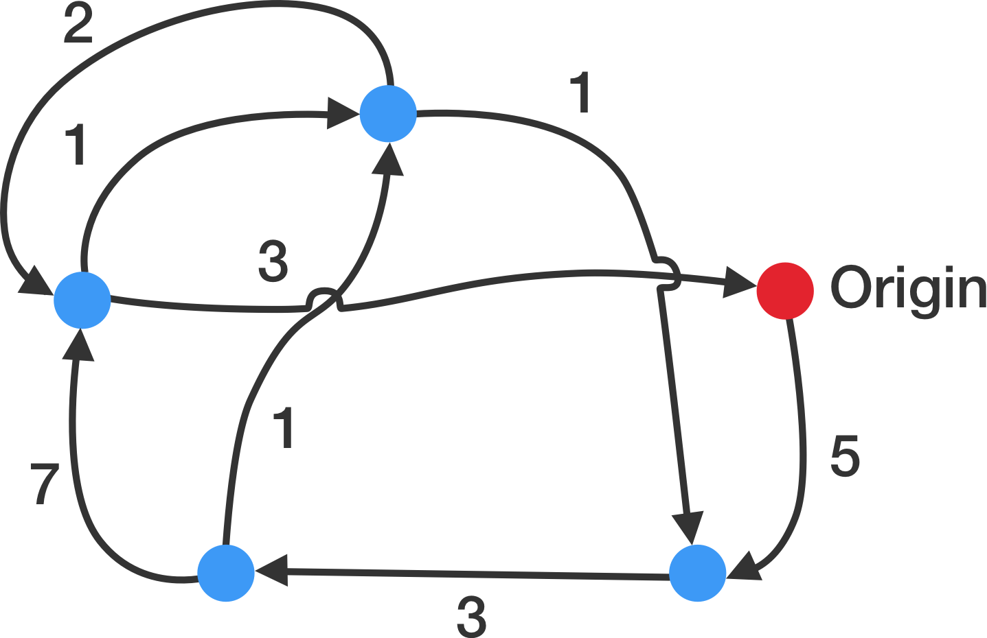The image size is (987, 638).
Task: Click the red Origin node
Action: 785,290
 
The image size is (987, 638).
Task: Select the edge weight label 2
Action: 78,26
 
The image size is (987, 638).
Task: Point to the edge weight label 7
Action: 44,484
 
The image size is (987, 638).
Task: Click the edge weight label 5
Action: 845,456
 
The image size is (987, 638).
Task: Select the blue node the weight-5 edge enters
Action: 697,573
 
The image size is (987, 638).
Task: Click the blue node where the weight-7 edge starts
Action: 226,573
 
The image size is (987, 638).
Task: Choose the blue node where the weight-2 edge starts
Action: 389,113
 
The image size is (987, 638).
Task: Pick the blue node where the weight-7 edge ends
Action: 82,299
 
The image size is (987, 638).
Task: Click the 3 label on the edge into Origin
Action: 273,261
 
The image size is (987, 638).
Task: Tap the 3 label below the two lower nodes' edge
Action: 472,617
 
